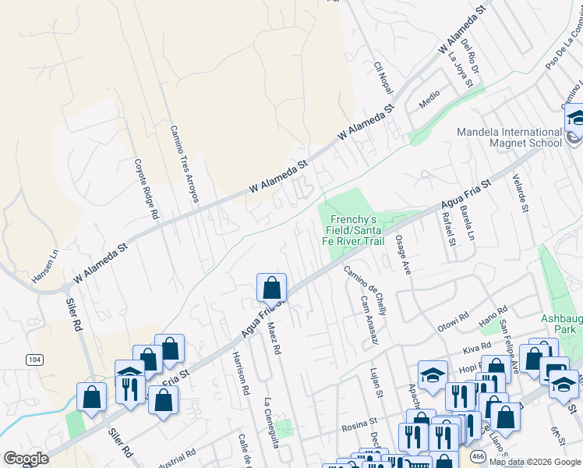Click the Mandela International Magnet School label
pos(509,137)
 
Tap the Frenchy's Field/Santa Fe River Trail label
pos(357,231)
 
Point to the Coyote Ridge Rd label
pos(146,189)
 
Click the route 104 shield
pos(34,359)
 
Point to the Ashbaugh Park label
pos(561,324)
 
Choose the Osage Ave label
pos(402,254)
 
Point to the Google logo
pos(26,459)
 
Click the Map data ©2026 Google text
pos(534,462)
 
